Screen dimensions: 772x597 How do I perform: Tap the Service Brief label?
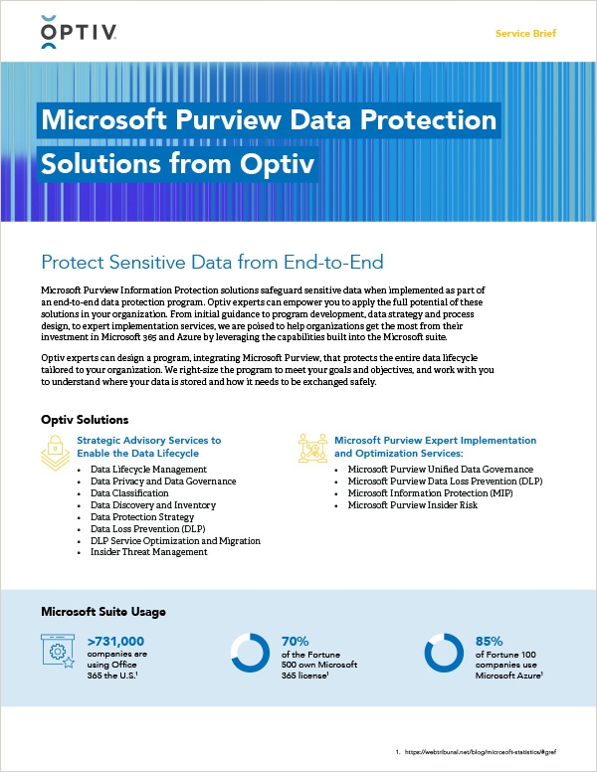(x=525, y=34)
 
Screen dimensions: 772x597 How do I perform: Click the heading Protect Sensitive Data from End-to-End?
(x=212, y=262)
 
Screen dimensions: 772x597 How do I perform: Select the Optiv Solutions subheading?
(x=85, y=420)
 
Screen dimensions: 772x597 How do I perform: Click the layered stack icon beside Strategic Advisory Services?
(x=56, y=451)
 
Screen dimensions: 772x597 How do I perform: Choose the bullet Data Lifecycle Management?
(x=148, y=469)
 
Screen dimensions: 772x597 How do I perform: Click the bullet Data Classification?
(x=129, y=492)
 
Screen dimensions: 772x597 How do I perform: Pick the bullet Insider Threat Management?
(x=149, y=552)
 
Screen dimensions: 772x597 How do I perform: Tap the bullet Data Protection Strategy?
(x=142, y=516)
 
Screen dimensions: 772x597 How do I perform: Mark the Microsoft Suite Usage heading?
(x=102, y=611)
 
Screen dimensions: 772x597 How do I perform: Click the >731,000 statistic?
(x=115, y=641)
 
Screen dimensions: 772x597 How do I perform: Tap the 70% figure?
(x=297, y=641)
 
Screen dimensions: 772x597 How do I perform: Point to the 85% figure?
(x=490, y=641)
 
